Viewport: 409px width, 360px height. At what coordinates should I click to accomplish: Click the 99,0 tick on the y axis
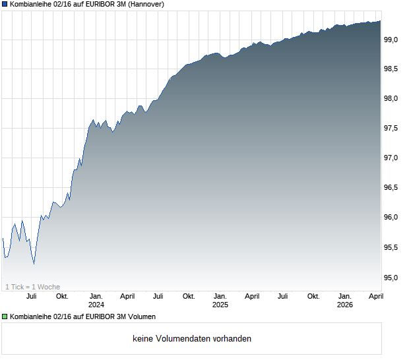point(392,40)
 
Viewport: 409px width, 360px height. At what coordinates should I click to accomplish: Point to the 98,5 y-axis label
point(392,69)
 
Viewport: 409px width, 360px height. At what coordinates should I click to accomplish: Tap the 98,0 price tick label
point(392,99)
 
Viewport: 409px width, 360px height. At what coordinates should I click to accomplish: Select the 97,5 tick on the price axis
point(392,128)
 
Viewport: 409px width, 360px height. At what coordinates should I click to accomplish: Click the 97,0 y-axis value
point(392,158)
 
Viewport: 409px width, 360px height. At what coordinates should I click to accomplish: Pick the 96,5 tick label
point(392,188)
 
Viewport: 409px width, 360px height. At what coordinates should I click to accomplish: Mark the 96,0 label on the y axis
point(392,218)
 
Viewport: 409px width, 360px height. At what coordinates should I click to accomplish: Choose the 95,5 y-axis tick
point(392,247)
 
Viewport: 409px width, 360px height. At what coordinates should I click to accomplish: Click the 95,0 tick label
point(392,277)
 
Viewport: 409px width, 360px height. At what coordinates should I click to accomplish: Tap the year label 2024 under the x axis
point(96,305)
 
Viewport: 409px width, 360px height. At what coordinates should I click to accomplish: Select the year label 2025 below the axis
point(220,305)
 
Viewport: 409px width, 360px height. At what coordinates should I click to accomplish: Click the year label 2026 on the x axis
point(344,305)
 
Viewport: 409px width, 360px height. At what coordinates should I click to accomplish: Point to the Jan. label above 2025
point(220,296)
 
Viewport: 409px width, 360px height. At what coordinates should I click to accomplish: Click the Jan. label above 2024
point(96,296)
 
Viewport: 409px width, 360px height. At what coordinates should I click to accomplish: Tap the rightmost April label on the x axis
point(375,296)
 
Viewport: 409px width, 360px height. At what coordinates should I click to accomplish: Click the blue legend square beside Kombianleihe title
point(5,5)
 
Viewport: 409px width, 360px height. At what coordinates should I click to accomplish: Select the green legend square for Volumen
point(5,317)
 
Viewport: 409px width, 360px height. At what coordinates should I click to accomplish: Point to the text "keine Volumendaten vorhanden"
point(192,339)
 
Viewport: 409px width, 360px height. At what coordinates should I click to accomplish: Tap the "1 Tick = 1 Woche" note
point(32,287)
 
